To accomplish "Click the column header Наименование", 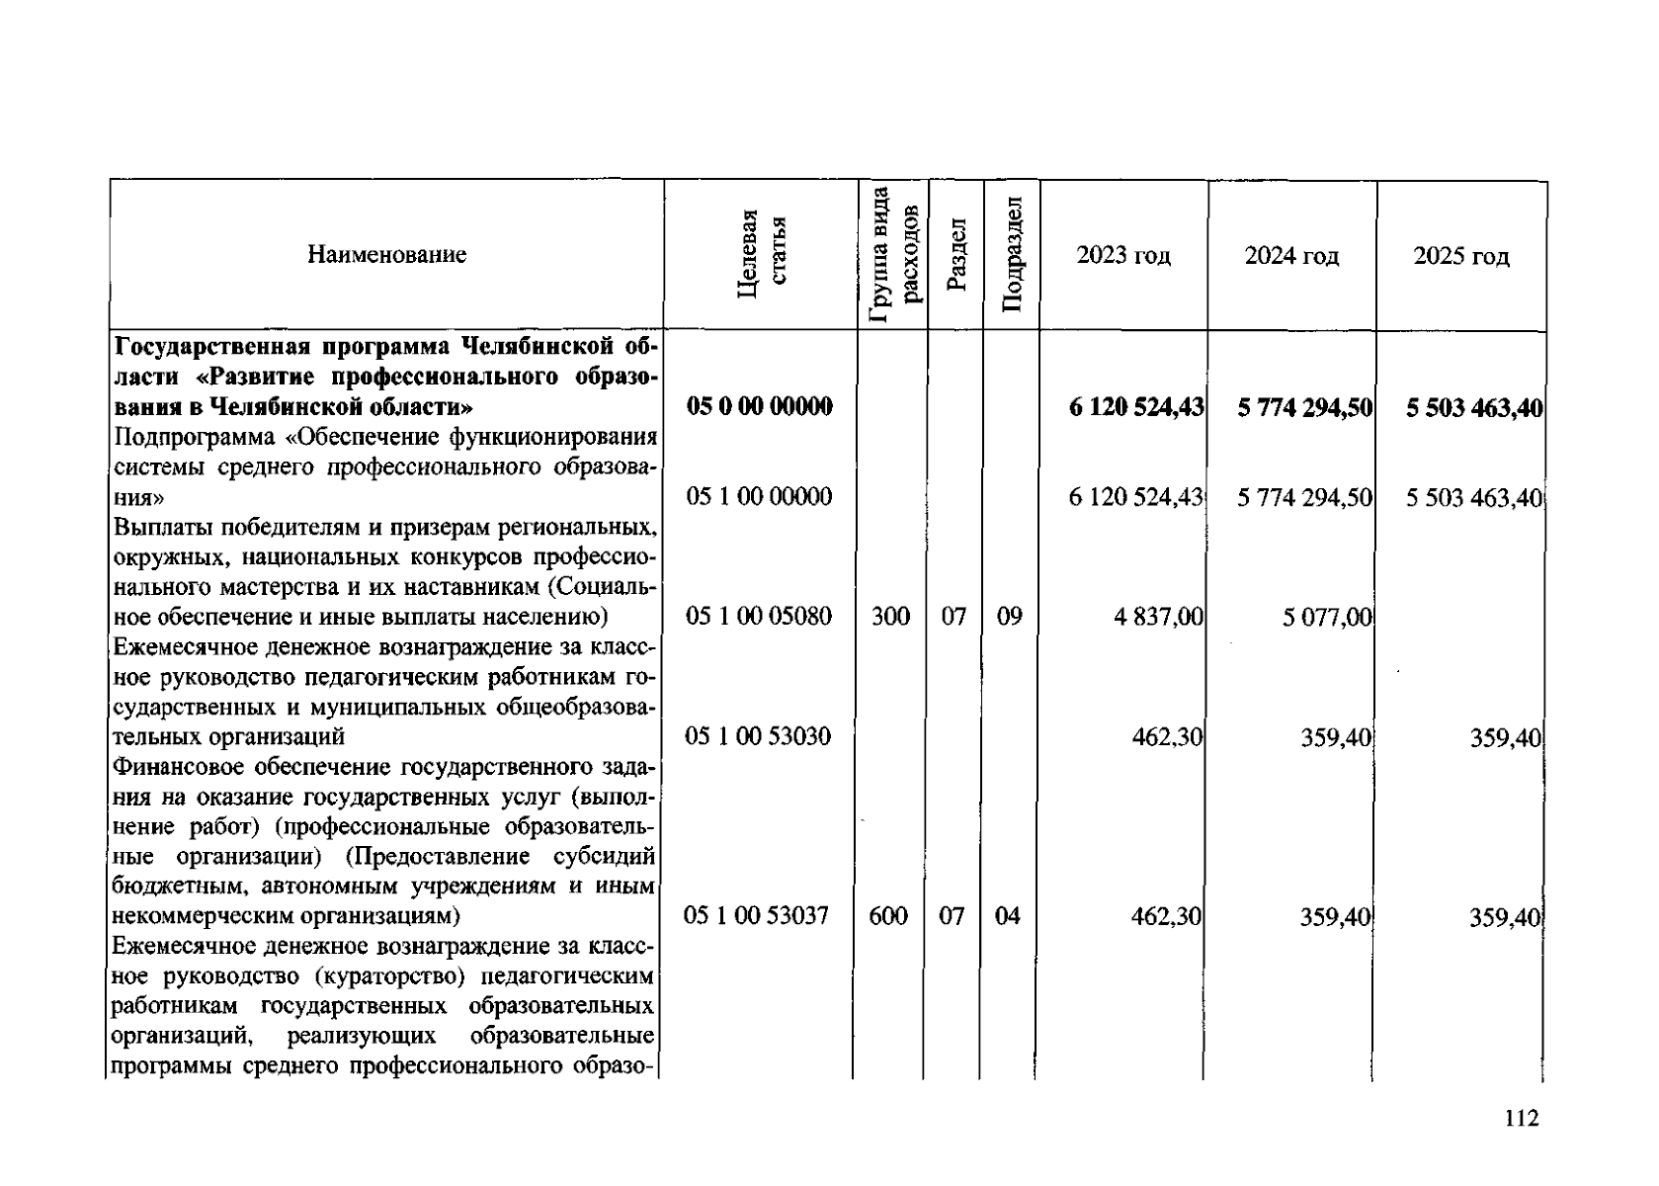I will click(x=386, y=255).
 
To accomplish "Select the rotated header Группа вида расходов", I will click(x=894, y=255).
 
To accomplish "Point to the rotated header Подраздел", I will click(x=1011, y=255).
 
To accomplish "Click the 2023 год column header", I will click(x=1123, y=256).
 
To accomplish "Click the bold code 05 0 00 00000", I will click(x=759, y=407).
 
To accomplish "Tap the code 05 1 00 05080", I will click(x=759, y=618).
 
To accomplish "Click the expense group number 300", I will click(x=891, y=618).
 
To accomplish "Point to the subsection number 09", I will click(x=1009, y=618).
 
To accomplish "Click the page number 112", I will click(x=1523, y=1119).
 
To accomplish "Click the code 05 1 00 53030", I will click(x=759, y=737).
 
